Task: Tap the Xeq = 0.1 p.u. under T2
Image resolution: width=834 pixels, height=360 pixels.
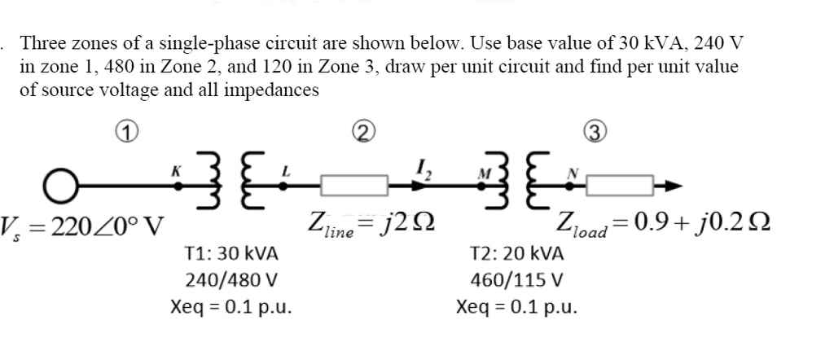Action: point(518,308)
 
